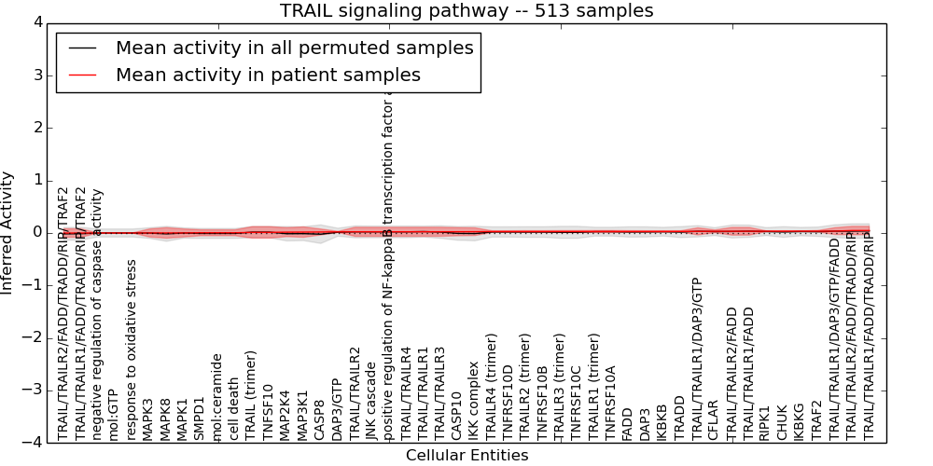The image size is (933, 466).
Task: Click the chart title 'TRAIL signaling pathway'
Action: (x=466, y=11)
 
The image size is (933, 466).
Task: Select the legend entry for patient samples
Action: (x=268, y=75)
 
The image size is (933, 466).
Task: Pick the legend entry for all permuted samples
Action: (x=294, y=48)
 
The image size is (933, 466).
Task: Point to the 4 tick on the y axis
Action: (x=36, y=22)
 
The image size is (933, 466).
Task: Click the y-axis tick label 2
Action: (x=36, y=128)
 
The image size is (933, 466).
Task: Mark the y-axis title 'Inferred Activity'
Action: (x=8, y=233)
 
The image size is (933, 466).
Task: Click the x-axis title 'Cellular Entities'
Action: (x=466, y=456)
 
